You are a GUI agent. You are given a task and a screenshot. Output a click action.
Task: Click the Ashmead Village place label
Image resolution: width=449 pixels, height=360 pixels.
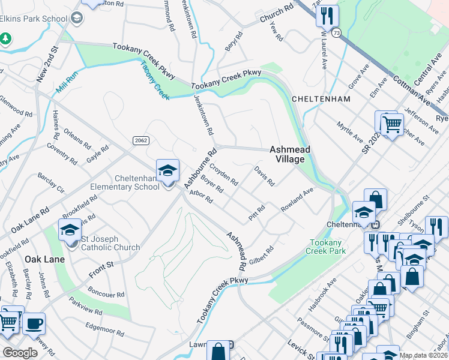286,154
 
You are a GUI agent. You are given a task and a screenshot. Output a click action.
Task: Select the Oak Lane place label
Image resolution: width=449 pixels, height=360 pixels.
41,259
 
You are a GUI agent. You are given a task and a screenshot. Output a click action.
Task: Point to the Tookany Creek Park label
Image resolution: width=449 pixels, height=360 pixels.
327,247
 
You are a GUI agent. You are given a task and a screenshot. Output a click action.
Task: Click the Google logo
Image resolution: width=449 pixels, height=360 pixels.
19,353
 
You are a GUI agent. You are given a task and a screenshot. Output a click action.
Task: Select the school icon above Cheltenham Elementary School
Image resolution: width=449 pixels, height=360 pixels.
168,170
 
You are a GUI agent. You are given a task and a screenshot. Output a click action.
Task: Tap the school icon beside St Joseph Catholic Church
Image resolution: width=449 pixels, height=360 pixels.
70,229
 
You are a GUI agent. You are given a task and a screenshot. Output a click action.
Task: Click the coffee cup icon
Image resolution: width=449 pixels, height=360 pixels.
34,323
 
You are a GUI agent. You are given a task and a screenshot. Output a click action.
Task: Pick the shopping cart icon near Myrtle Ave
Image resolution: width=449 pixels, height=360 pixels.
391,124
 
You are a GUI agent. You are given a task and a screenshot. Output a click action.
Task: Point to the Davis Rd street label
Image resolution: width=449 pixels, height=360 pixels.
264,176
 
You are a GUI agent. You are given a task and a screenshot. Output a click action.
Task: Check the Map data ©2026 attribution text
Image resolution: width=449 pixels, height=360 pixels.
423,355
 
